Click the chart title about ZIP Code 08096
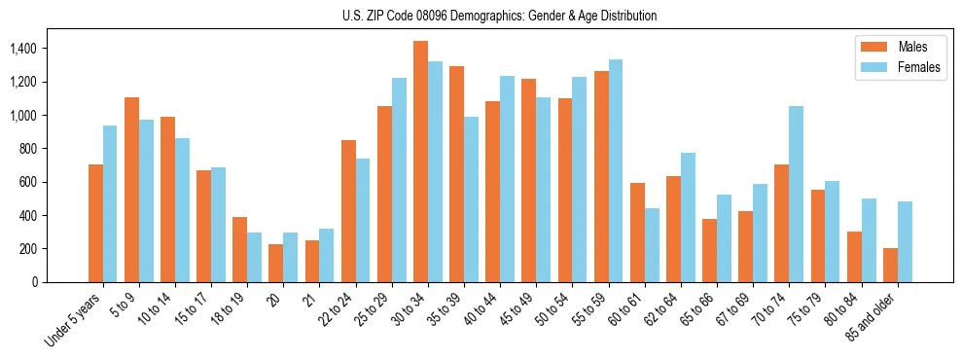499,16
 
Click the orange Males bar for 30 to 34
420,162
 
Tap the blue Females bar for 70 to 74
797,194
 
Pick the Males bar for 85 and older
890,265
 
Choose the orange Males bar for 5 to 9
131,190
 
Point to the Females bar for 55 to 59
616,170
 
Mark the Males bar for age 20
276,263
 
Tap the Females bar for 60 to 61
652,245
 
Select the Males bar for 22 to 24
348,211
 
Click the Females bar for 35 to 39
472,199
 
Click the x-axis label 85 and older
871,317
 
